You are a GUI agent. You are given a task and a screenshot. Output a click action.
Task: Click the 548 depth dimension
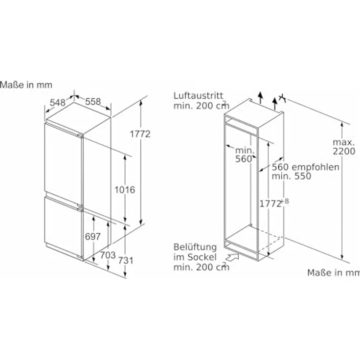point(58,102)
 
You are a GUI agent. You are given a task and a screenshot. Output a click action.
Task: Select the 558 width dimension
point(93,101)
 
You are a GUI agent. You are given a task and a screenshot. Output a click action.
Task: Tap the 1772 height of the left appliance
point(140,134)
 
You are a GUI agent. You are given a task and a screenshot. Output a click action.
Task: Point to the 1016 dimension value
point(125,190)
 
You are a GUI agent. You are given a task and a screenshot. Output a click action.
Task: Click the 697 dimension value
point(93,236)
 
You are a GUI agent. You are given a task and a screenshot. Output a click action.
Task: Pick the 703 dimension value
point(108,255)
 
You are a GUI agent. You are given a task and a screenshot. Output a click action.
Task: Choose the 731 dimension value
point(126,260)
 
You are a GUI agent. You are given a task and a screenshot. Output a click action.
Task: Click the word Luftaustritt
point(199,95)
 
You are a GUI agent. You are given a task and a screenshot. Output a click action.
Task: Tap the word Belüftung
point(195,247)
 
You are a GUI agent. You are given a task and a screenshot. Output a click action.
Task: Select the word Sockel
point(202,257)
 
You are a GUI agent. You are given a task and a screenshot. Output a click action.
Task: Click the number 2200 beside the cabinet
point(344,151)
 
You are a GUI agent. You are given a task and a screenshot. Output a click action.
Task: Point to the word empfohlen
point(315,167)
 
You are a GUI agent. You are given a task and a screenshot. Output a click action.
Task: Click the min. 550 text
point(292,176)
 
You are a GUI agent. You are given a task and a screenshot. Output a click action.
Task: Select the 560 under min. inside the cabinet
point(244,159)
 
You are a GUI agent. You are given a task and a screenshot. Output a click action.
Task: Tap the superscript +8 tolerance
point(285,202)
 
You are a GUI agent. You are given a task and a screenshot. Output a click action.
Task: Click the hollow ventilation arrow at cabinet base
point(232,257)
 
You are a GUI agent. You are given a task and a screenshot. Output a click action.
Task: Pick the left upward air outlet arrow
point(260,98)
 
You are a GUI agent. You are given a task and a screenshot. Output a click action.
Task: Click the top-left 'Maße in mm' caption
point(26,85)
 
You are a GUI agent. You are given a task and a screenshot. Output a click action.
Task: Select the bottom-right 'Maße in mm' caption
point(334,272)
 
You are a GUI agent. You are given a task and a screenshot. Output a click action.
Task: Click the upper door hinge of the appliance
point(80,136)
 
